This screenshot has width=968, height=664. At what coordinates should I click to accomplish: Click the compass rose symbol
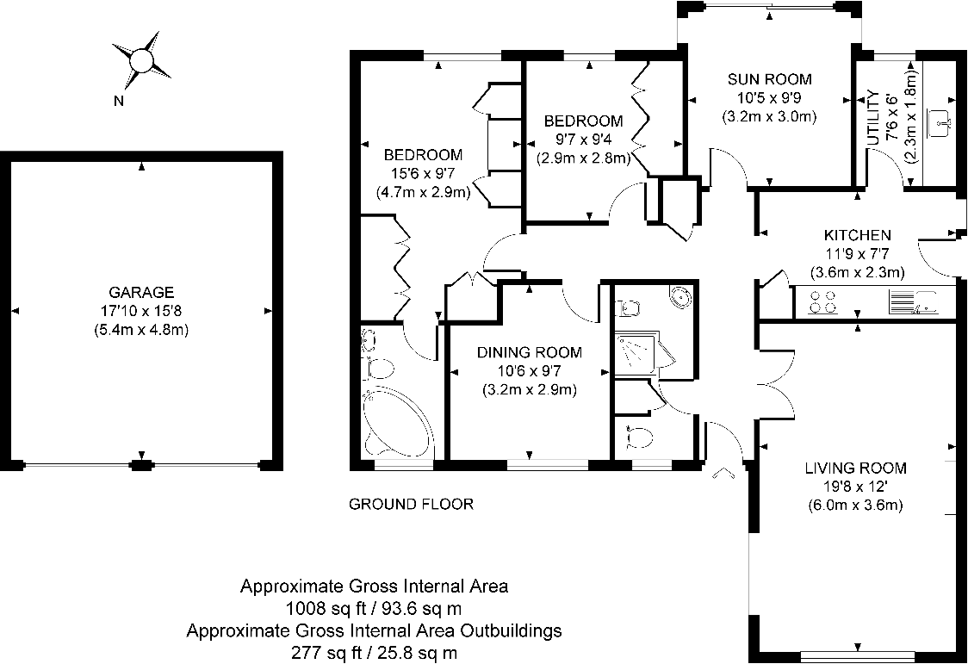[x=140, y=60]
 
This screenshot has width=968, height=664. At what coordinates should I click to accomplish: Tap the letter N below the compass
[x=119, y=101]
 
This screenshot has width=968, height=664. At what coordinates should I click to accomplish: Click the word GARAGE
[x=141, y=293]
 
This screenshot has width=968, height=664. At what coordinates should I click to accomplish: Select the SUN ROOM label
[x=769, y=79]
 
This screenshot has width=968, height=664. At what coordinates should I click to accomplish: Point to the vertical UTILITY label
[x=872, y=117]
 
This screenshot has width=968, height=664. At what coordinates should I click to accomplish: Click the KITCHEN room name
[x=857, y=235]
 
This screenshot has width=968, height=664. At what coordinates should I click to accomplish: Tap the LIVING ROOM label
[x=855, y=469]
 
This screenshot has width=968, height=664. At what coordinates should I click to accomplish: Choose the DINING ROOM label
[x=529, y=352]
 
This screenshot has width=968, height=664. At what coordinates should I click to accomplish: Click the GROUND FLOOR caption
[x=411, y=504]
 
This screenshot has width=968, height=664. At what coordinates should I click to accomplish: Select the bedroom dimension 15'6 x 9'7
[x=423, y=174]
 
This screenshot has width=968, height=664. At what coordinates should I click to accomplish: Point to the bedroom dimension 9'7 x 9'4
[x=583, y=140]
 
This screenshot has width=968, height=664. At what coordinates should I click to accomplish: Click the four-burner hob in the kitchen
[x=822, y=301]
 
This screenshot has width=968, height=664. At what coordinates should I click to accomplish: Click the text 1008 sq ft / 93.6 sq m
[x=374, y=608]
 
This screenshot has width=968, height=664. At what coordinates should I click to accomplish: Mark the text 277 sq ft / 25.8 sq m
[x=374, y=653]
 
